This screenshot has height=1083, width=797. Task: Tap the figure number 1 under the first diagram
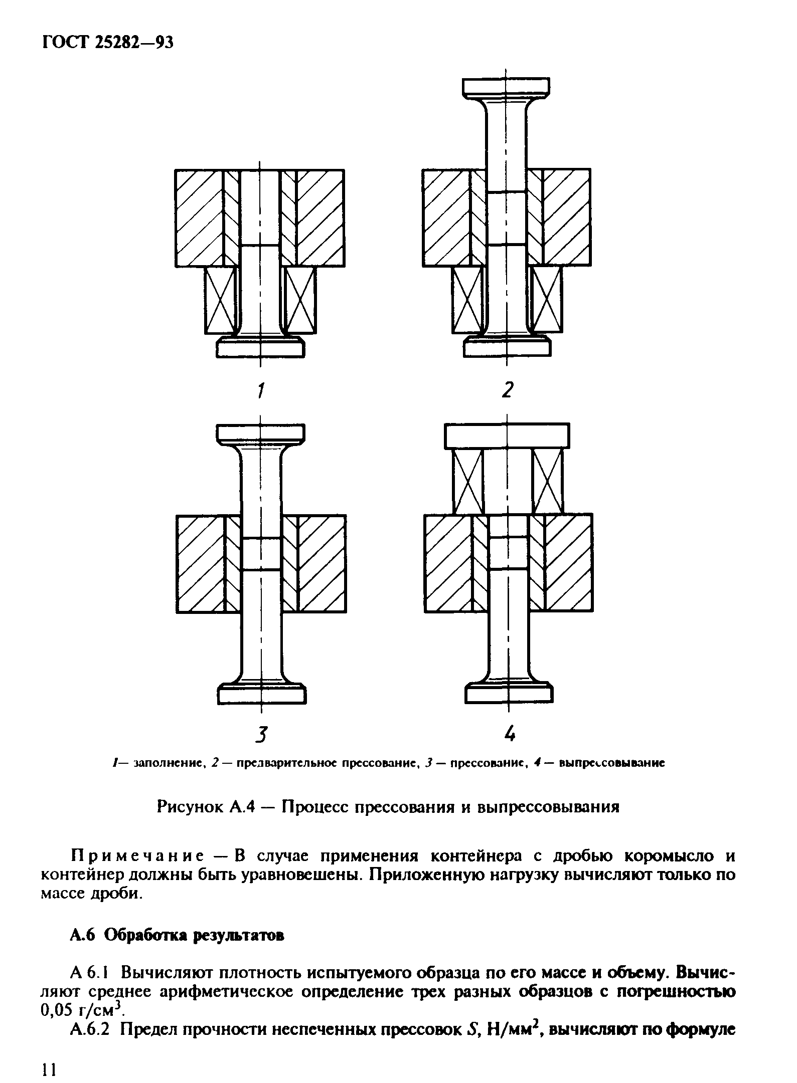pyautogui.click(x=260, y=390)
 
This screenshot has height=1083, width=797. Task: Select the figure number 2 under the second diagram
pyautogui.click(x=508, y=389)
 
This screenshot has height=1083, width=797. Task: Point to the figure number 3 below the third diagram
pyautogui.click(x=260, y=735)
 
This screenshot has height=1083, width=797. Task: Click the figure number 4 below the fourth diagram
pyautogui.click(x=510, y=735)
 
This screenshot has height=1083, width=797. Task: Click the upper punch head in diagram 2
pyautogui.click(x=506, y=86)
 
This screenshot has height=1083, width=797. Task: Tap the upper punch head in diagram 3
pyautogui.click(x=261, y=433)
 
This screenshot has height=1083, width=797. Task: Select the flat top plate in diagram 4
pyautogui.click(x=507, y=436)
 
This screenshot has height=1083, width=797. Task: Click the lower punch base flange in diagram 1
pyautogui.click(x=261, y=347)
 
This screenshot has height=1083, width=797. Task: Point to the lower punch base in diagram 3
pyautogui.click(x=261, y=694)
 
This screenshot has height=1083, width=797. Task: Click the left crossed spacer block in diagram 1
pyautogui.click(x=220, y=300)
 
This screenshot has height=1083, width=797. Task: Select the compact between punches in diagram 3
pyautogui.click(x=261, y=554)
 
